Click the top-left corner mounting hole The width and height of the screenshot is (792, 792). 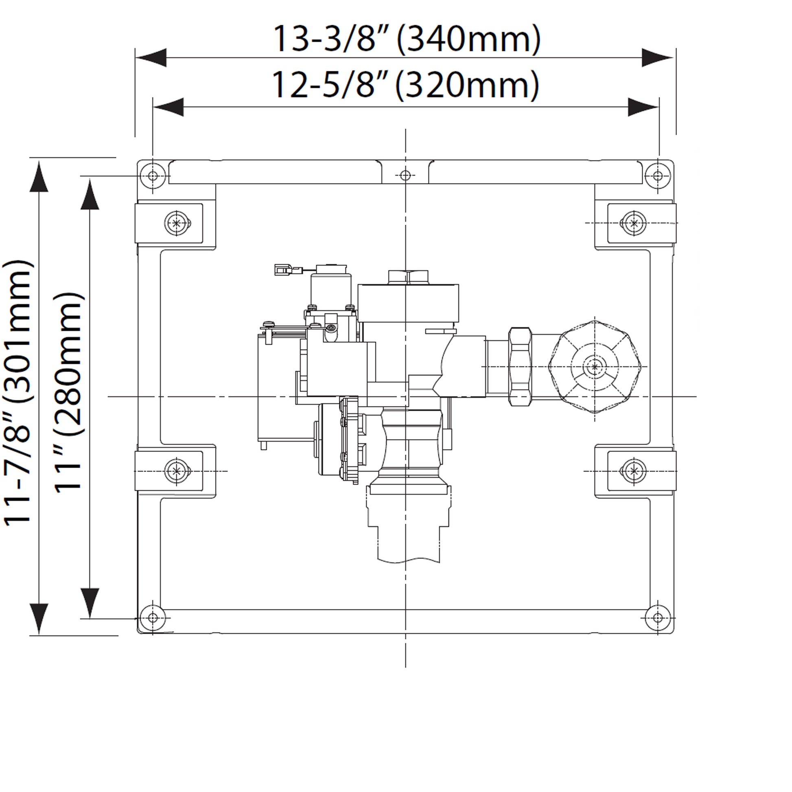pyautogui.click(x=153, y=176)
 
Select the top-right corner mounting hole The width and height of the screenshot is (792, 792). pyautogui.click(x=658, y=176)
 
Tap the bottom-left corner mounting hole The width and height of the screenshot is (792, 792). pyautogui.click(x=153, y=617)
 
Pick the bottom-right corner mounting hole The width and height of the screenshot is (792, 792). pyautogui.click(x=658, y=617)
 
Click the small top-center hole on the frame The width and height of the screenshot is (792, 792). pyautogui.click(x=405, y=176)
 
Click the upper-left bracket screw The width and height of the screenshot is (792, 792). pyautogui.click(x=177, y=223)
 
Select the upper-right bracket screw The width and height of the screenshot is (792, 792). pyautogui.click(x=634, y=223)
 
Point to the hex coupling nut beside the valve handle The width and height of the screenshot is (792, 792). pyautogui.click(x=520, y=366)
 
